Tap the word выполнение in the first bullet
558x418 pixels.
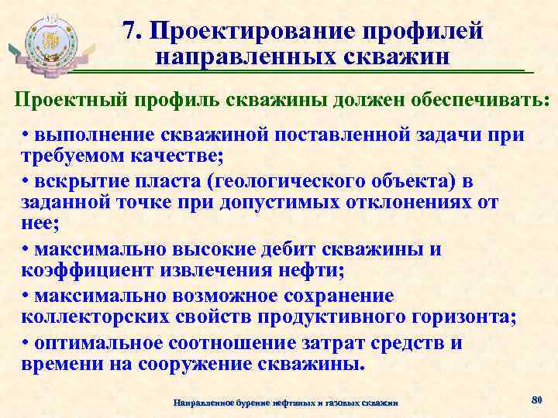(87, 135)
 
